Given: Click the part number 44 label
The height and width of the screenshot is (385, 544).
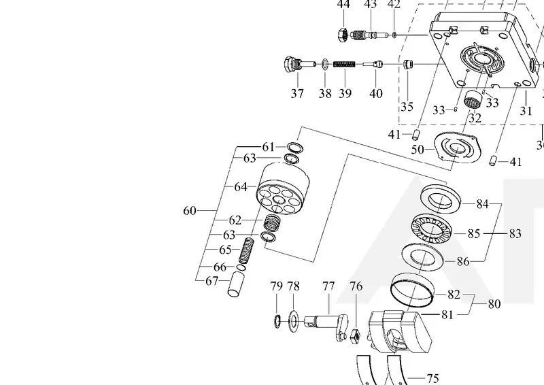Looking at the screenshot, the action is [x=343, y=4].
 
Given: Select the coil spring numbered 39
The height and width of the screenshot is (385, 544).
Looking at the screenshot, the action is [x=345, y=64].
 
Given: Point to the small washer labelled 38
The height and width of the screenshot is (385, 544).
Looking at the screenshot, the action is [x=325, y=64].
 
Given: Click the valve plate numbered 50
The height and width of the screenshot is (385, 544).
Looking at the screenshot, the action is [x=458, y=147].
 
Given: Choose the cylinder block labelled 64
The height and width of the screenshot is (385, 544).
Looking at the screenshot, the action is [x=283, y=189].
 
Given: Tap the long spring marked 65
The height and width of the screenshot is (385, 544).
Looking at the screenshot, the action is [x=246, y=250].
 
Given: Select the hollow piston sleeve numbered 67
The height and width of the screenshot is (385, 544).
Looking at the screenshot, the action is [x=236, y=284].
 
